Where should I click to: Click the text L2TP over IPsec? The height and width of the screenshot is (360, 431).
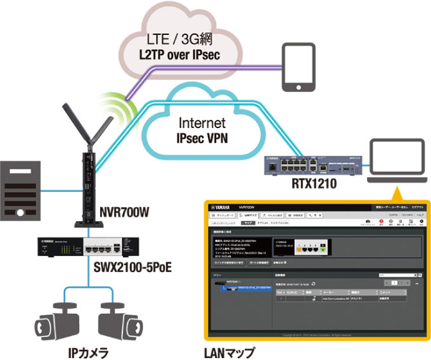(179, 56)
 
